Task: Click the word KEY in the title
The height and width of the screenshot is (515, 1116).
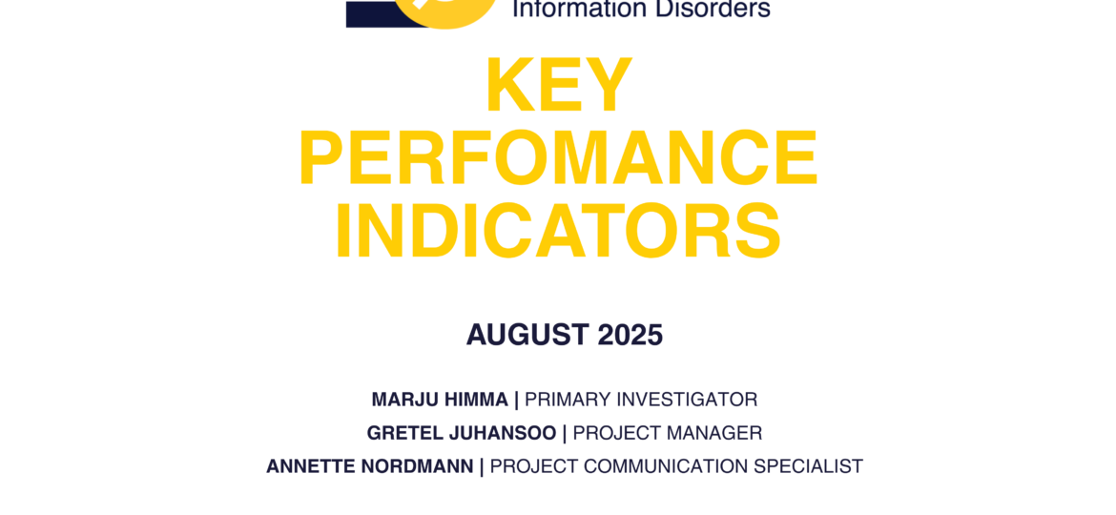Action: point(559,86)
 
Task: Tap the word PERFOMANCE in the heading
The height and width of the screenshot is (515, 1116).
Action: point(558,158)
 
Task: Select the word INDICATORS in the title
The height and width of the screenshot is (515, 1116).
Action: point(558,232)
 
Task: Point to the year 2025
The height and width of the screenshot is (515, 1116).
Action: point(630,335)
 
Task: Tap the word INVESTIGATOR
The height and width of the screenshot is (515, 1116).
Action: point(688,400)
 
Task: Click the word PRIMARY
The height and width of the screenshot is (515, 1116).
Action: point(568,400)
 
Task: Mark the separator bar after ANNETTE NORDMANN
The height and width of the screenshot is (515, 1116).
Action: point(482,467)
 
